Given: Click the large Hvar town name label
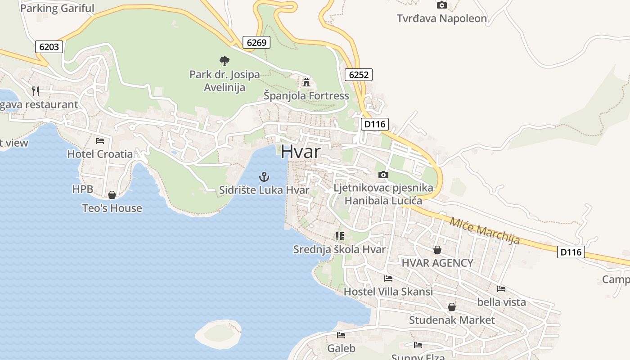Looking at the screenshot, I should [x=301, y=152].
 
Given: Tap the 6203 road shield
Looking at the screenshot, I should [x=49, y=47].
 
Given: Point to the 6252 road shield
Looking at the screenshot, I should [x=359, y=75].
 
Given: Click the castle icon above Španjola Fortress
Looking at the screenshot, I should [x=306, y=82].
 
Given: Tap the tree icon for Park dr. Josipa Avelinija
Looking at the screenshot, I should [x=224, y=61].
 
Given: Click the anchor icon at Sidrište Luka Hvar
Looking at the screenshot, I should [x=265, y=176].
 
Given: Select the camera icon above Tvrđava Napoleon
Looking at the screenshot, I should [x=442, y=5].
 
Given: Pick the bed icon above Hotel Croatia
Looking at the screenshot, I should [x=100, y=141].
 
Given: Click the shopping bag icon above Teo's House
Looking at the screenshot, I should [x=112, y=195].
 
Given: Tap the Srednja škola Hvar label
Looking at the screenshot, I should [x=339, y=249].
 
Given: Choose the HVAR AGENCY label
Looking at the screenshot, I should [x=437, y=263].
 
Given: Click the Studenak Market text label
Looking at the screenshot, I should [x=452, y=320].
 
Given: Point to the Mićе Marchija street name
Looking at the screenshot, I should [x=485, y=230].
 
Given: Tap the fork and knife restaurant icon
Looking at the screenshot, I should [x=36, y=91].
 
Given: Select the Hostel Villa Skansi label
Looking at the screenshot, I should [x=388, y=292].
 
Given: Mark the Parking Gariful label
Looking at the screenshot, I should [x=58, y=8].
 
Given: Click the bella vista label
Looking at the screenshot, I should [x=501, y=302].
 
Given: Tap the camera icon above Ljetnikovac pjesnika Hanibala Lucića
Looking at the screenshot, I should [x=383, y=175].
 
